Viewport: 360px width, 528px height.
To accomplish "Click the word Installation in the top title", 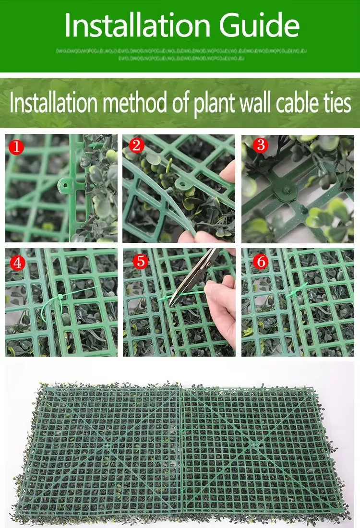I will tap(133, 25).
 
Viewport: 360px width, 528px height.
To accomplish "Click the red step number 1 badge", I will tap(17, 147).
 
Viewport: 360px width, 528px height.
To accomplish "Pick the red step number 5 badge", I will tap(140, 261).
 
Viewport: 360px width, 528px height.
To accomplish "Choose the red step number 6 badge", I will tap(261, 261).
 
